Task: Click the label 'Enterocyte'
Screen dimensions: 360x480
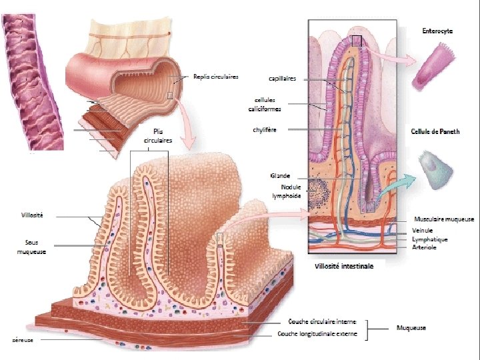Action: pyautogui.click(x=439, y=31)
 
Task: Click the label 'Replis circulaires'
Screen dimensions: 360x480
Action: pyautogui.click(x=216, y=76)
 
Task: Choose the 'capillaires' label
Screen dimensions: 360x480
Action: pyautogui.click(x=283, y=78)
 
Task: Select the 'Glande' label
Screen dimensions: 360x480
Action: pyautogui.click(x=280, y=175)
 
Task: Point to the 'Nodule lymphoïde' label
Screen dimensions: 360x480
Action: pyautogui.click(x=287, y=191)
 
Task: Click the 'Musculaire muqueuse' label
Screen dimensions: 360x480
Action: pyautogui.click(x=444, y=219)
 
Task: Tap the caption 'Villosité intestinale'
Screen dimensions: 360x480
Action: pyautogui.click(x=344, y=265)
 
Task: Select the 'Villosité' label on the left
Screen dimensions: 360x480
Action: pyautogui.click(x=32, y=215)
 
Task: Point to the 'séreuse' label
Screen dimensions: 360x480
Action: pyautogui.click(x=23, y=340)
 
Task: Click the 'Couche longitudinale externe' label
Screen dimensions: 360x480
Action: pyautogui.click(x=317, y=333)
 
